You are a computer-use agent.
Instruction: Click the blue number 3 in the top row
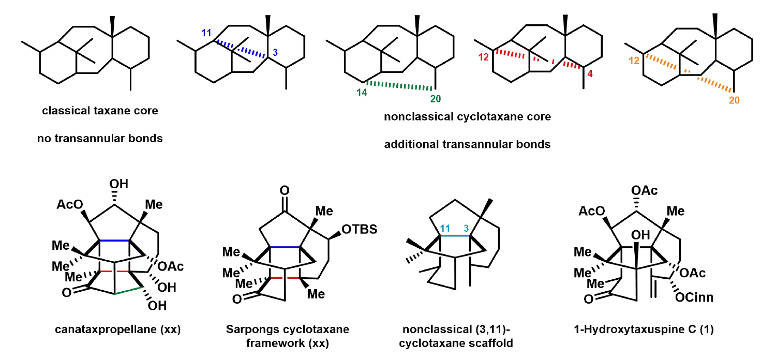[x=275, y=53]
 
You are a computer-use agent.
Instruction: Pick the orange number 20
[x=734, y=100]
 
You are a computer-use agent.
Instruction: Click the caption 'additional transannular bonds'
[x=467, y=144]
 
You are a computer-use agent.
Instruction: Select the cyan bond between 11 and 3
[x=455, y=236]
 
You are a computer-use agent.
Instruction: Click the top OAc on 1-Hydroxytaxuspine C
[x=645, y=191]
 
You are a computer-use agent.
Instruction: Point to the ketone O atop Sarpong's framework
[x=284, y=190]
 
